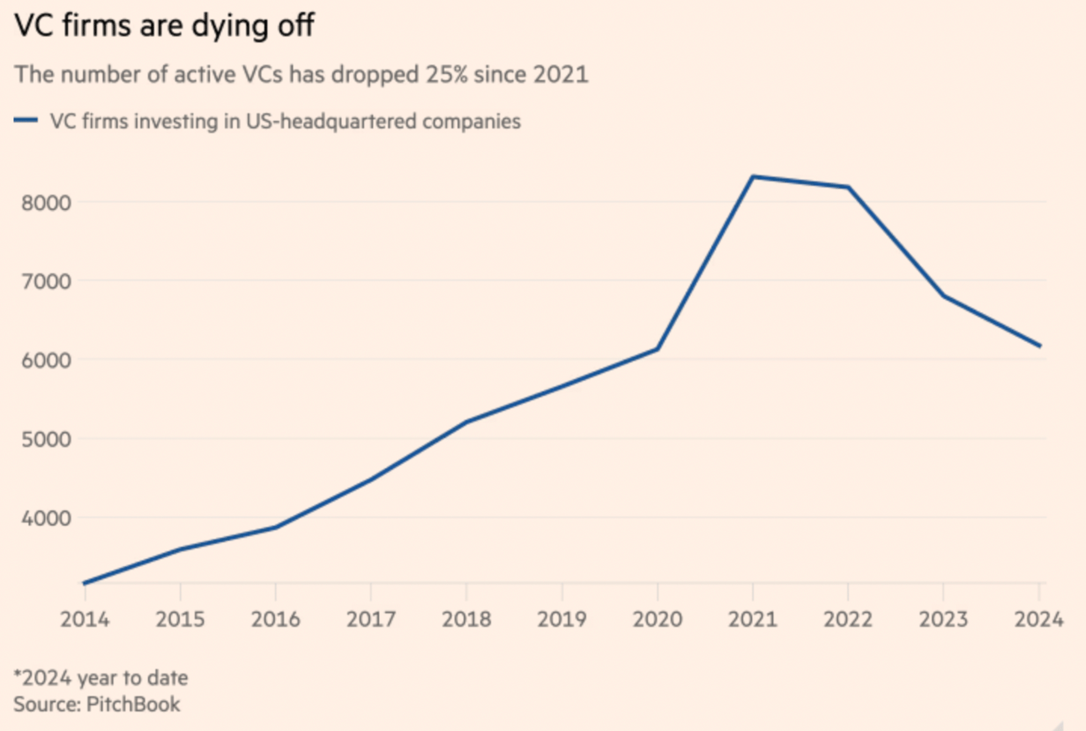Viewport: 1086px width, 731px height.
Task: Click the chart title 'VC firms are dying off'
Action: (164, 26)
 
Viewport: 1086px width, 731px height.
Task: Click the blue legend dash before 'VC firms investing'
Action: (26, 121)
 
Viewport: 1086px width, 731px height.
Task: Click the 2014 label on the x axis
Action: (85, 619)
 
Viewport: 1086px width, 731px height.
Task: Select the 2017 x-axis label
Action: (371, 619)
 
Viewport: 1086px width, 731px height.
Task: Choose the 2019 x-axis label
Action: (561, 619)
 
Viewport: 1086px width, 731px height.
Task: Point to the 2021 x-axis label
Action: (752, 619)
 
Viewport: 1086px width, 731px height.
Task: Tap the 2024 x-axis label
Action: (1039, 619)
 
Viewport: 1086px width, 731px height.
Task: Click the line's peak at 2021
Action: (753, 176)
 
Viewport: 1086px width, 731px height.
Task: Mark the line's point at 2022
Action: (848, 187)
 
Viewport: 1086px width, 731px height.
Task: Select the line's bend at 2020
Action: (657, 349)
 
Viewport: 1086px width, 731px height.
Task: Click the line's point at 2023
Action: (944, 296)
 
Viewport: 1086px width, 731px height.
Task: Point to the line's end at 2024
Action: (1040, 345)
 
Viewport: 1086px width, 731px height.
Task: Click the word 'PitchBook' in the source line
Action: (134, 703)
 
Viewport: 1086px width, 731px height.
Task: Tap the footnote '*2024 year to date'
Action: (101, 677)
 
